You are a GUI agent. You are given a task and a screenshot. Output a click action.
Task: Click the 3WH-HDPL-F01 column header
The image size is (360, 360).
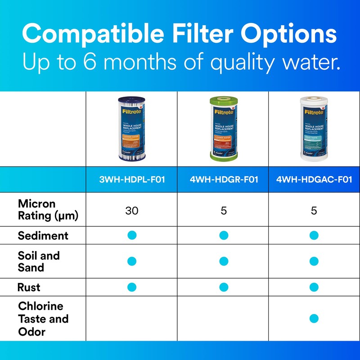132,180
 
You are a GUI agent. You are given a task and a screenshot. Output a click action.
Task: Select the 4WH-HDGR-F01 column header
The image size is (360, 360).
224,180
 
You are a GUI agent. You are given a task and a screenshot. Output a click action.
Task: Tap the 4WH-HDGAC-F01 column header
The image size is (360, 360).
314,180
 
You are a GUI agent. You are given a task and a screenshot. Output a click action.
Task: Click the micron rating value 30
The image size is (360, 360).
132,210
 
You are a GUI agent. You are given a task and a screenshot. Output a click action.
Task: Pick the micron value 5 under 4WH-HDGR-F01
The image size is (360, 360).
224,210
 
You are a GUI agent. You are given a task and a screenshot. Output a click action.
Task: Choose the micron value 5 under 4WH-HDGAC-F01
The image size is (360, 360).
314,210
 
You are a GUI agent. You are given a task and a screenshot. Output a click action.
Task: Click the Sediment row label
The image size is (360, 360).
43,235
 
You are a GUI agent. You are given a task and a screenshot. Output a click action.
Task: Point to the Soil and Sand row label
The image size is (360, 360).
39,261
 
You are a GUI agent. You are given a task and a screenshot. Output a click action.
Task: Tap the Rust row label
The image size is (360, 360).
29,287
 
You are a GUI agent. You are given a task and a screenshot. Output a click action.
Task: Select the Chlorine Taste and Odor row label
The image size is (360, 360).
43,319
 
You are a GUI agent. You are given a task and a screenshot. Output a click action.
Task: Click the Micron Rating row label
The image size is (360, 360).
48,210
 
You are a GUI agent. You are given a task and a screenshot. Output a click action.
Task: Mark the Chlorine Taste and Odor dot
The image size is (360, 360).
314,319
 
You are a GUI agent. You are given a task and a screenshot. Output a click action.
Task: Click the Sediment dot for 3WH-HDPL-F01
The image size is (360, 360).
132,235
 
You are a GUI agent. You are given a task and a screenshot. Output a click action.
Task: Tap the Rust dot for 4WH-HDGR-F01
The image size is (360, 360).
224,287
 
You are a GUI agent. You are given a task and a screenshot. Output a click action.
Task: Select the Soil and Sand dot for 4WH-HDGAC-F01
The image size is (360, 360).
314,261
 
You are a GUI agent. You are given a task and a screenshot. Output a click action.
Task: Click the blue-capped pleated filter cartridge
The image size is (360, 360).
132,129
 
